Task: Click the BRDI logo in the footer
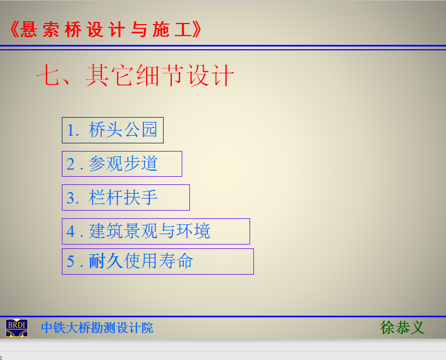16,328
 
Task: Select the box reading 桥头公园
113,130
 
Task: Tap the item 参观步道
122,164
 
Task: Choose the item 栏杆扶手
126,198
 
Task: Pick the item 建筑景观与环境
156,231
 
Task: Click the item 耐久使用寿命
158,262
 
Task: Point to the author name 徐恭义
402,328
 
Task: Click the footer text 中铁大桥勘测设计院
97,328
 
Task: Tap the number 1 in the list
70,131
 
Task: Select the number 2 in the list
70,164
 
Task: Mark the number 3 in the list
70,198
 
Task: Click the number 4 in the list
71,232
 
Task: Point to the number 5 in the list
70,262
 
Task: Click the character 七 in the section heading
47,75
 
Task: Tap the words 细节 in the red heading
159,75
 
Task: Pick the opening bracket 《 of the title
14,30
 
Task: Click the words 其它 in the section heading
109,75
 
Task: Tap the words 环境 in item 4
193,231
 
